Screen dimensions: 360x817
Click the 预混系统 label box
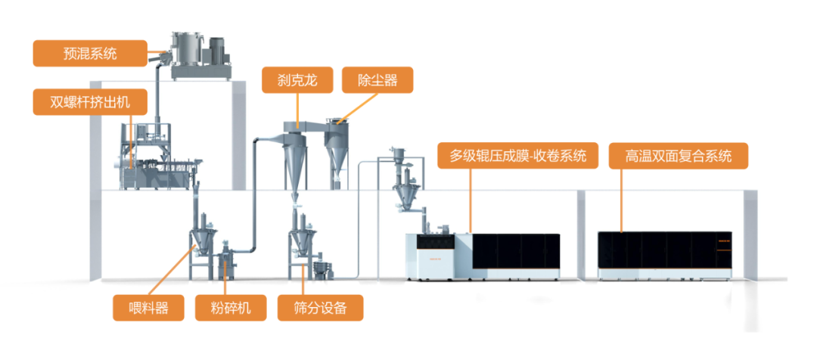tap(90, 54)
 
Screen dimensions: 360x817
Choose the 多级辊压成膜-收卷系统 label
tap(518, 157)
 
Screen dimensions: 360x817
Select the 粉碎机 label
tap(229, 308)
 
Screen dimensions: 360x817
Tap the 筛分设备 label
tap(320, 308)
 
